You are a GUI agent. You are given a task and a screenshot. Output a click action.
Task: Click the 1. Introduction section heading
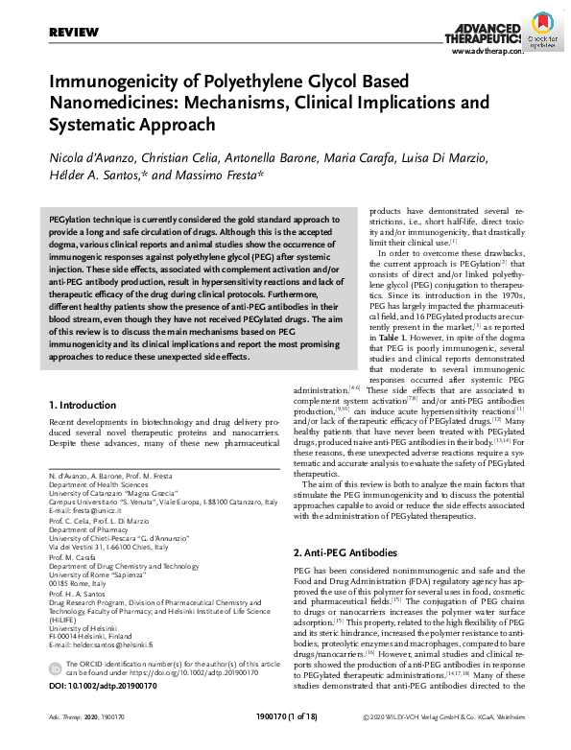[82, 406]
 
